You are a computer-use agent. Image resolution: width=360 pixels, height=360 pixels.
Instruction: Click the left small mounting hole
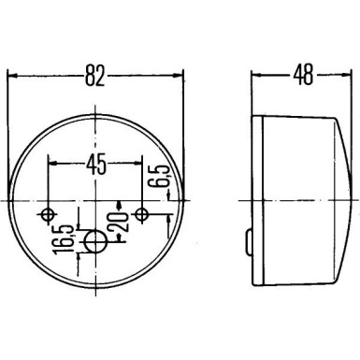click(x=50, y=215)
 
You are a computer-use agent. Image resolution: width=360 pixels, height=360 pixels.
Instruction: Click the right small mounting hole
click(x=141, y=215)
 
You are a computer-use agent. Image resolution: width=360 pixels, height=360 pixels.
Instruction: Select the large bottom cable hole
click(x=95, y=244)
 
